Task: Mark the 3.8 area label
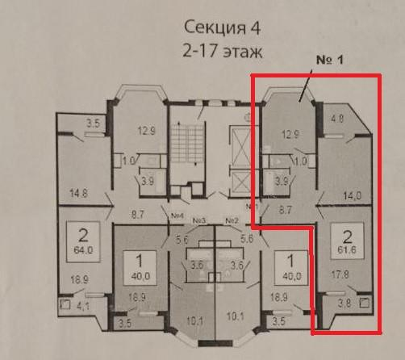click(x=343, y=305)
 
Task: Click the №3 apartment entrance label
click(x=201, y=220)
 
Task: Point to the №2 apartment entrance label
click(x=232, y=220)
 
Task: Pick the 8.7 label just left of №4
click(x=137, y=216)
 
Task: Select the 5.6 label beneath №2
click(x=248, y=239)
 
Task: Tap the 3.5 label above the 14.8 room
click(x=92, y=123)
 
